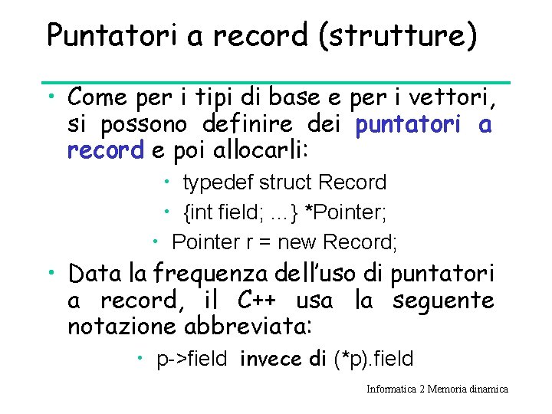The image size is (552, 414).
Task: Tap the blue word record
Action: [x=105, y=150]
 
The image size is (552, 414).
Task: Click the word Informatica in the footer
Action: [x=392, y=389]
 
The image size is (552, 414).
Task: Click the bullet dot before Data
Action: [x=51, y=271]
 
